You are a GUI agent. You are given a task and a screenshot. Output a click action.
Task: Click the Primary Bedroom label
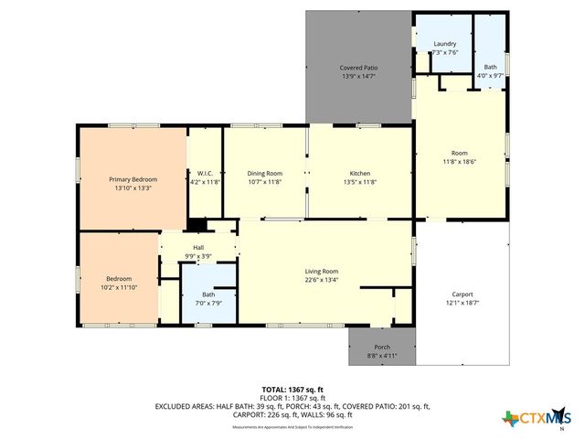(133, 179)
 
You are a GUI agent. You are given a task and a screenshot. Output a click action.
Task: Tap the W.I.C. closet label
(205, 173)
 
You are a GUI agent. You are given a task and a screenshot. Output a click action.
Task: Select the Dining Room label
(265, 173)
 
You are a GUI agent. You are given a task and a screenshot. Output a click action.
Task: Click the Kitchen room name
(360, 173)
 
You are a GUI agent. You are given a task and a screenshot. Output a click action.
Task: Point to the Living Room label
(322, 272)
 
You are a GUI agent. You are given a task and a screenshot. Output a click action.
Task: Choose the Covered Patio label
(358, 68)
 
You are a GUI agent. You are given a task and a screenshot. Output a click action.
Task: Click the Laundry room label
(444, 44)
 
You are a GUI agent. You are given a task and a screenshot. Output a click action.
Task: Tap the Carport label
(461, 294)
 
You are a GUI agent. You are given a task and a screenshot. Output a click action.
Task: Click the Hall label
(198, 247)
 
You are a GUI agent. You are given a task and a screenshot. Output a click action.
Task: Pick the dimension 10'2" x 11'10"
(118, 288)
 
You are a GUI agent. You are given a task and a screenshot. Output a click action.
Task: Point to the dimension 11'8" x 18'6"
(459, 162)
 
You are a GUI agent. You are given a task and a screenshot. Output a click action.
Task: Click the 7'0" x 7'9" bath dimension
(208, 304)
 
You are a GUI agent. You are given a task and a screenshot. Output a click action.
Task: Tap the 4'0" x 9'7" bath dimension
(490, 77)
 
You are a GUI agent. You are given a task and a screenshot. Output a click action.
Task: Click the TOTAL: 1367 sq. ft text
(292, 390)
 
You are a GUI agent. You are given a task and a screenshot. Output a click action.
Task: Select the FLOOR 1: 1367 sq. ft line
(292, 398)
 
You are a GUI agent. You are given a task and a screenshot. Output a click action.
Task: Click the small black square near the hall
(197, 224)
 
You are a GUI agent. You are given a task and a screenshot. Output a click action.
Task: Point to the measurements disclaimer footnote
(292, 427)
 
